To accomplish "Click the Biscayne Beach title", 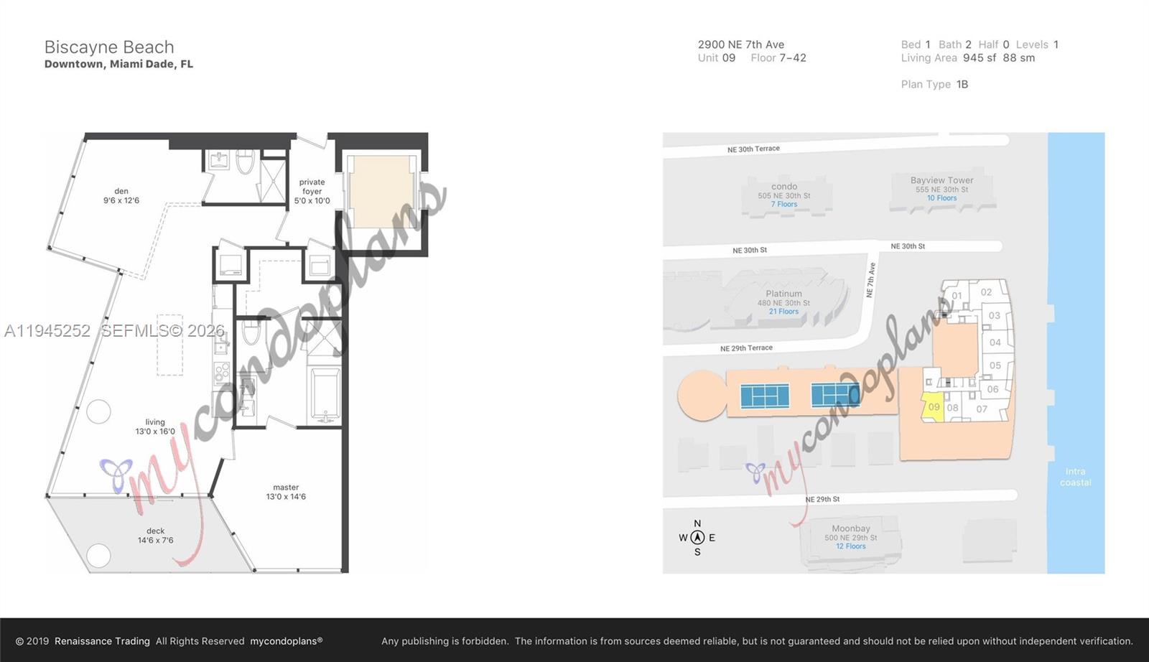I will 109,47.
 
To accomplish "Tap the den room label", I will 121,191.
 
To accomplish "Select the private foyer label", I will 312,187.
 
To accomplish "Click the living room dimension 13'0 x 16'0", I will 155,432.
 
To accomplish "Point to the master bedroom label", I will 286,488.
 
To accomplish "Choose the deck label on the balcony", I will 156,531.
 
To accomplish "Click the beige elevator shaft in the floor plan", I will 381,192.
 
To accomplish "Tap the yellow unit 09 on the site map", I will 933,406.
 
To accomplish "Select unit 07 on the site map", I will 982,409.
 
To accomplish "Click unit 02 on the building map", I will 986,292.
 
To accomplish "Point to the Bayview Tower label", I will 941,180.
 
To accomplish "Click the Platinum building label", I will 783,294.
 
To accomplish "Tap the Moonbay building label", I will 851,528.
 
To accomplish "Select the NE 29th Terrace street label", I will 746,348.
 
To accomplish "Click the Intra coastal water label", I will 1075,477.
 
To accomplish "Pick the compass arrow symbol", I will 697,537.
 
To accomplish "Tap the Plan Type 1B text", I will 934,85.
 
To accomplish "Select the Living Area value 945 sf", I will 979,58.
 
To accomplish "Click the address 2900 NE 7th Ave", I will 740,45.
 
